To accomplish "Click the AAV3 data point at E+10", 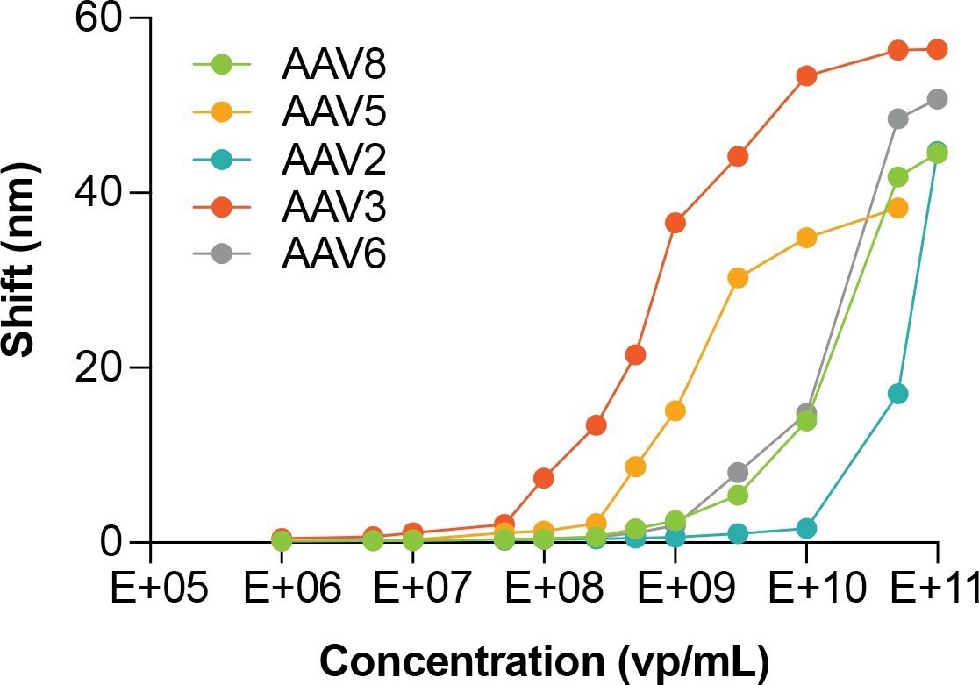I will click(806, 75).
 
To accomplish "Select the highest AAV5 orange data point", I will click(897, 208).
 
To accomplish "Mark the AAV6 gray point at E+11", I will click(937, 99).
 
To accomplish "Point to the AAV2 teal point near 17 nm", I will click(897, 394).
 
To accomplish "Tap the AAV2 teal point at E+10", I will click(806, 528).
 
